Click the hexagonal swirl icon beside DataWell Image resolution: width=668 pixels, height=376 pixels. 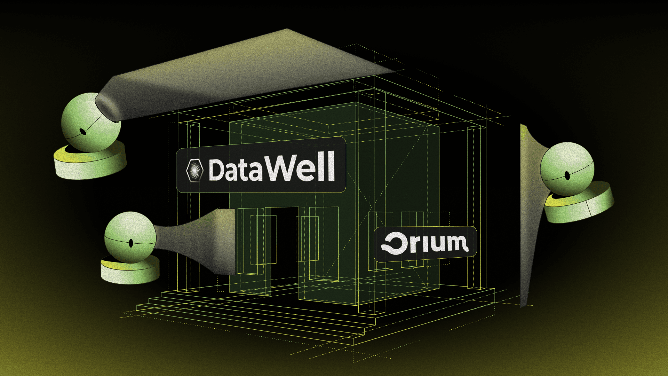click(195, 170)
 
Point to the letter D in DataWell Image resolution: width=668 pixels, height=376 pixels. click(217, 170)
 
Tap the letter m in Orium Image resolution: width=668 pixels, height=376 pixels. click(454, 242)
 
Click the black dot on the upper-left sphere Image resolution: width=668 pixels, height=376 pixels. click(83, 132)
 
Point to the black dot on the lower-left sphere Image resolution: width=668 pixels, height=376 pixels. click(131, 243)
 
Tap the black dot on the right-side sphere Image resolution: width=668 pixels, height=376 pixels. click(567, 176)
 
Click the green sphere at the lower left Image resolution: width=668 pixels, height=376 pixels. click(130, 237)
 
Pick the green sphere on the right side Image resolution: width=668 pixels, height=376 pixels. click(567, 169)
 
